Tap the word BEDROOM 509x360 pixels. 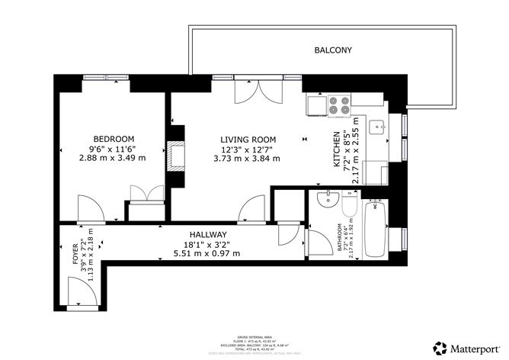coord(104,139)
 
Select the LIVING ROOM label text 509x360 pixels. coord(248,139)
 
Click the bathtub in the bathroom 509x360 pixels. coord(376,228)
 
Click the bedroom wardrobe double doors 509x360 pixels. coord(143,193)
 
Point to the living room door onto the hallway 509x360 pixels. coord(249,207)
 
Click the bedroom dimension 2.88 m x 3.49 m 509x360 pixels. coord(104,159)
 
